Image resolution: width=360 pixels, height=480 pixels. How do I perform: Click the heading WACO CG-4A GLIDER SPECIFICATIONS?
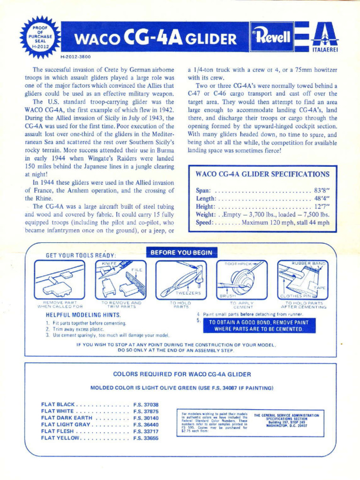pyautogui.click(x=262, y=174)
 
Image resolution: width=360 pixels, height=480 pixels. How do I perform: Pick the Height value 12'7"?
pyautogui.click(x=322, y=207)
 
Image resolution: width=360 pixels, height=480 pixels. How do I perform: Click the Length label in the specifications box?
pyautogui.click(x=205, y=199)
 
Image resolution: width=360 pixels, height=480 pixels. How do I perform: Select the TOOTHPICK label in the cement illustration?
pyautogui.click(x=238, y=264)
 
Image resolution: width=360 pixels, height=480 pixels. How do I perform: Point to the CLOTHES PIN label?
pyautogui.click(x=295, y=296)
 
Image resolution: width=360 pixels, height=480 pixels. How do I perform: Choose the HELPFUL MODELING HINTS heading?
pyautogui.click(x=83, y=315)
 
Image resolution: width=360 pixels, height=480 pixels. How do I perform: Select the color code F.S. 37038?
pyautogui.click(x=146, y=405)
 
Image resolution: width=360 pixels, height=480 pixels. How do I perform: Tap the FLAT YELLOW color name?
pyautogui.click(x=61, y=438)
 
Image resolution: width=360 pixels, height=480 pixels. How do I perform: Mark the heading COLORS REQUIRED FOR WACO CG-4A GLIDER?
pyautogui.click(x=182, y=374)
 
